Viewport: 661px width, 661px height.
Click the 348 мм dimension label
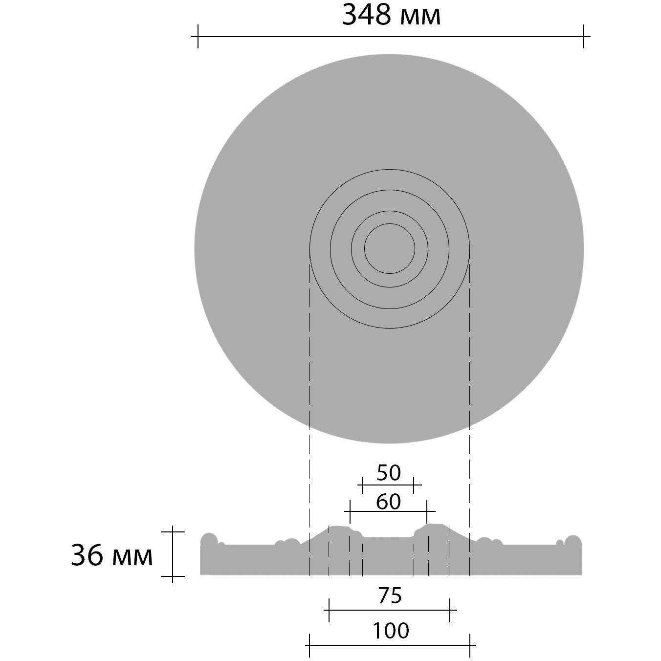pyautogui.click(x=391, y=15)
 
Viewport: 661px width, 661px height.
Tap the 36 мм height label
pyautogui.click(x=112, y=556)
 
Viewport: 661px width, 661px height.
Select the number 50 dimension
pyautogui.click(x=389, y=473)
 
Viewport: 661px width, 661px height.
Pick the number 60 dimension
pyautogui.click(x=389, y=502)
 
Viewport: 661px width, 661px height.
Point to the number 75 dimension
pyautogui.click(x=390, y=596)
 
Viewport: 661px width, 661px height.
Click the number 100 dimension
pyautogui.click(x=391, y=631)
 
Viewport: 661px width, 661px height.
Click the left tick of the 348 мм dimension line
pyautogui.click(x=198, y=37)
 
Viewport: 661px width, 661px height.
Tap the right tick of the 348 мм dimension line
pyautogui.click(x=583, y=37)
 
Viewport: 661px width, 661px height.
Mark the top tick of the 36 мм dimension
pyautogui.click(x=173, y=531)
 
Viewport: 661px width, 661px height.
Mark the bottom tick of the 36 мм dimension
pyautogui.click(x=173, y=576)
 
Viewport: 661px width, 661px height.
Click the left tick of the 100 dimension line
pyautogui.click(x=309, y=645)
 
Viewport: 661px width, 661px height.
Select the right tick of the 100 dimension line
pyautogui.click(x=469, y=645)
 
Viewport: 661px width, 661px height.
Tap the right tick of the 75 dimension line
pyautogui.click(x=449, y=610)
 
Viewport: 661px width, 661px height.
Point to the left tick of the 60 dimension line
pyautogui.click(x=350, y=511)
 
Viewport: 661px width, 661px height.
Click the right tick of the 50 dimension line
pyautogui.click(x=414, y=485)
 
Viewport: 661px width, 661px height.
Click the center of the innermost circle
pyautogui.click(x=390, y=248)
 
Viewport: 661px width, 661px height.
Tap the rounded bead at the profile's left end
pyautogui.click(x=209, y=540)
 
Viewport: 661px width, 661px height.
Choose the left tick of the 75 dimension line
pyautogui.click(x=329, y=610)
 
